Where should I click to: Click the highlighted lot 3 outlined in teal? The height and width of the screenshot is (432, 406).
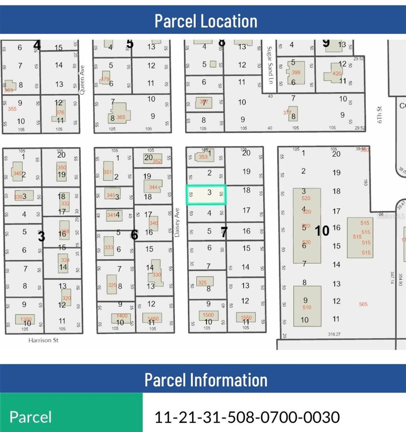tap(206, 195)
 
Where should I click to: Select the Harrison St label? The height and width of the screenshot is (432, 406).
tap(43, 341)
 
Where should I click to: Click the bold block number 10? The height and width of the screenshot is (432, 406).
tap(322, 230)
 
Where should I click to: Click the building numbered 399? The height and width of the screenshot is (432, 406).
tap(296, 73)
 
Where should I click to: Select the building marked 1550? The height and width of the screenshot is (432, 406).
tap(245, 318)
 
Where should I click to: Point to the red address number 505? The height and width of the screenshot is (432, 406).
tap(363, 304)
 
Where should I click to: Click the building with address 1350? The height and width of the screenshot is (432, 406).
tap(25, 319)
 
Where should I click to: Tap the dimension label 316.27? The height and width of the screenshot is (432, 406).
tap(334, 334)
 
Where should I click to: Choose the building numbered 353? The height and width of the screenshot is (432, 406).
tap(203, 156)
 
